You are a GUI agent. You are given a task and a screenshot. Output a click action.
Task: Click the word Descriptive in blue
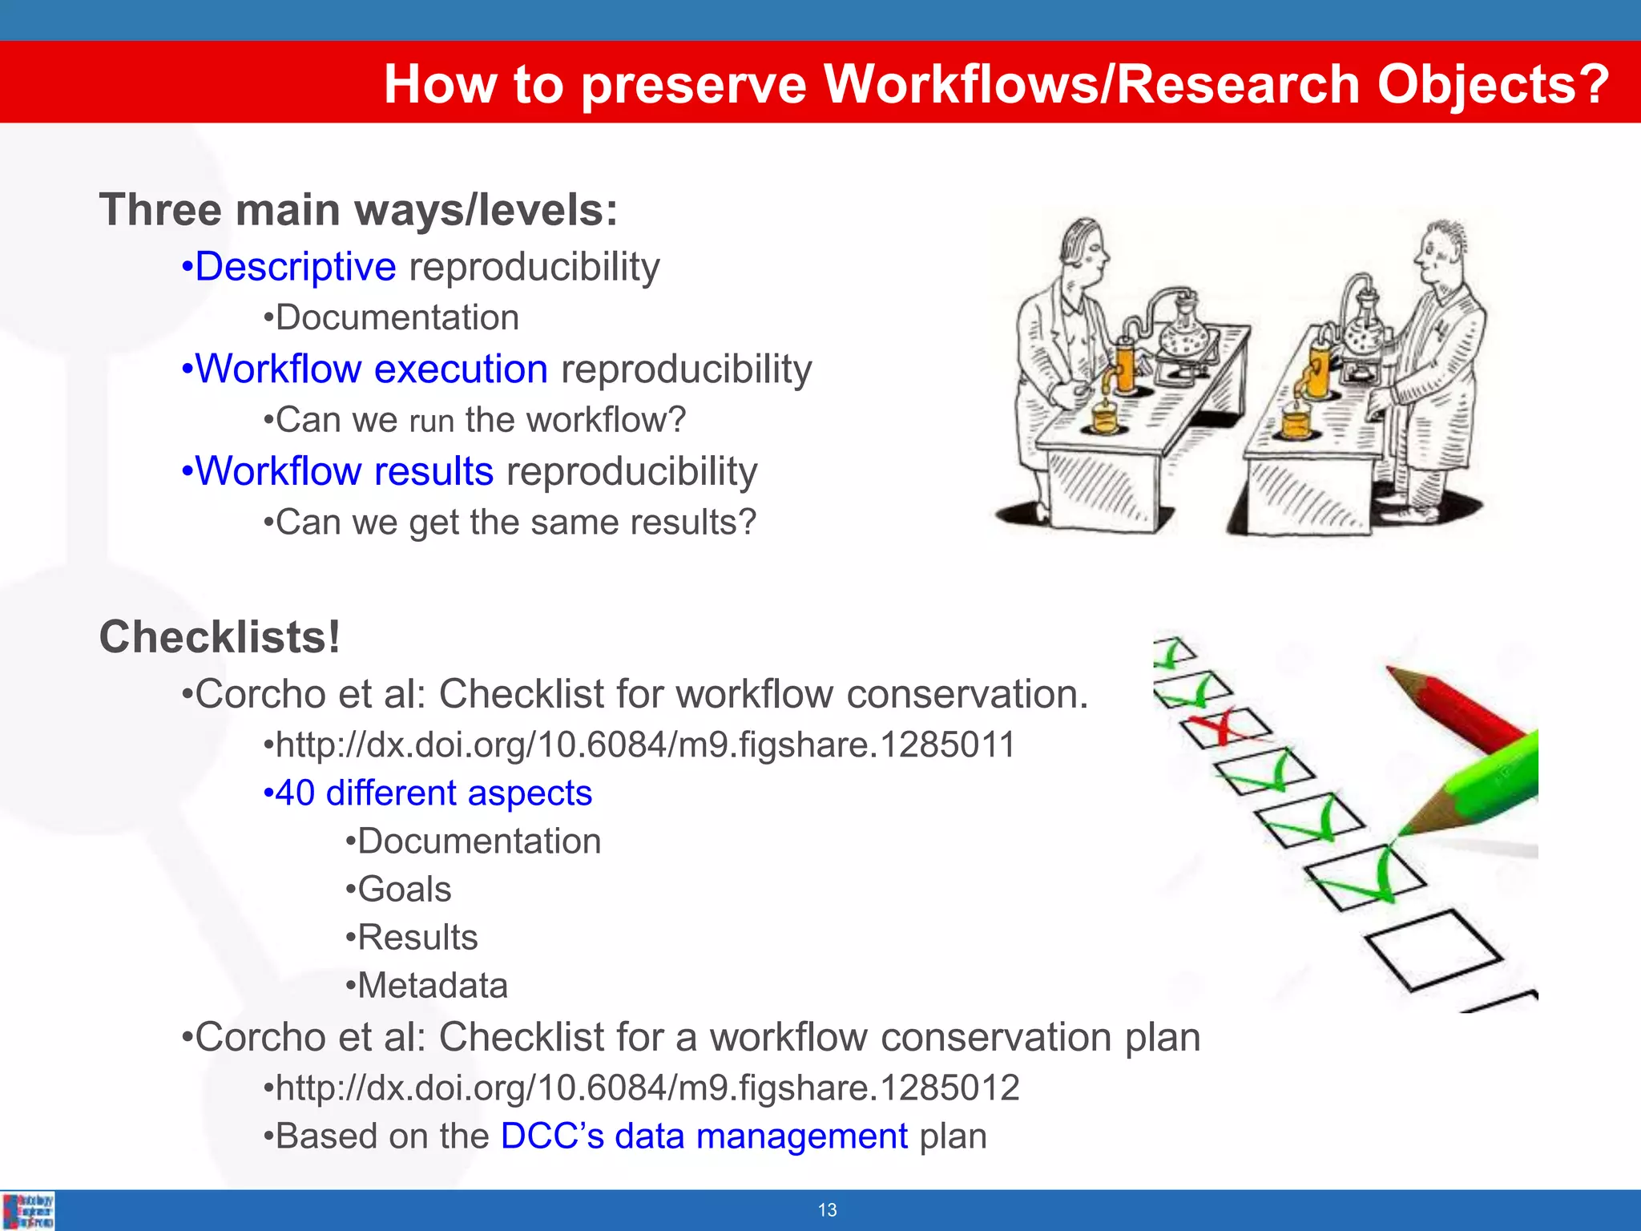pos(296,267)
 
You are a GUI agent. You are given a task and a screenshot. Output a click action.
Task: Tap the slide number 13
pos(827,1210)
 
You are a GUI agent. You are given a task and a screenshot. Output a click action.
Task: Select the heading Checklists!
pos(220,638)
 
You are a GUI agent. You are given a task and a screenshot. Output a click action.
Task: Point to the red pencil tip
pos(1398,672)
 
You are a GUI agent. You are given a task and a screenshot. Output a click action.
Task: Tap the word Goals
pos(404,890)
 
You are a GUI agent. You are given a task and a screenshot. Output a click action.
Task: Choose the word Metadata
pos(432,986)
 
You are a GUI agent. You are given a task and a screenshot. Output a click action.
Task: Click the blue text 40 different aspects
pos(433,793)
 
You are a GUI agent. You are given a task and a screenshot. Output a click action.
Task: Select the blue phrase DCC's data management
pos(704,1136)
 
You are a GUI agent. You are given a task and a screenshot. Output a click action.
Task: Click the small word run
pos(431,422)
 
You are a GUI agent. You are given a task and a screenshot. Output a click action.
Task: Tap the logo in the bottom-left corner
pos(29,1210)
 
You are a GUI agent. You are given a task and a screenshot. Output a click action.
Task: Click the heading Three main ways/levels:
pos(358,210)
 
